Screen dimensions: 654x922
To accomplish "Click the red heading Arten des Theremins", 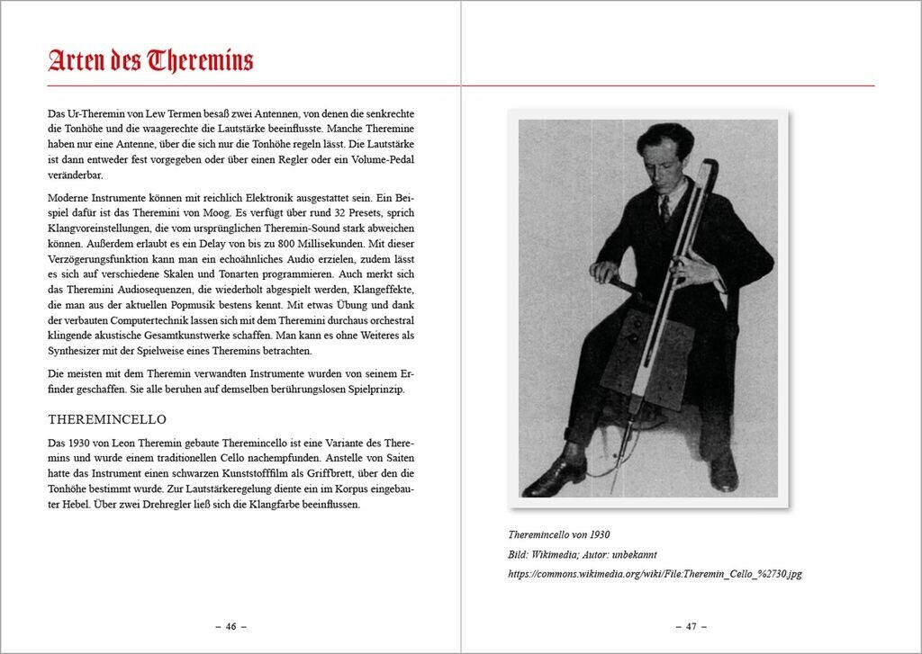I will tap(150, 60).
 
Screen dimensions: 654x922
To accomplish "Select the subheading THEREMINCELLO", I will tap(107, 420).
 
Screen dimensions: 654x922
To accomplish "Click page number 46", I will tap(230, 627).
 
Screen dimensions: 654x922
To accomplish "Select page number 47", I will tap(691, 627).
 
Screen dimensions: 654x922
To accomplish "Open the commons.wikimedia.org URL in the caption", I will tap(654, 574).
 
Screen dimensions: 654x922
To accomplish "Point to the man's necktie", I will tap(664, 209).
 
